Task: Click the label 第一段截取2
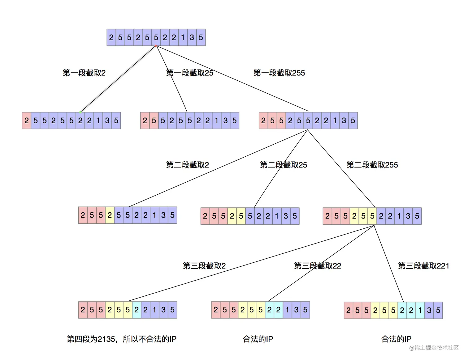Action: point(84,73)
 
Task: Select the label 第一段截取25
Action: point(190,73)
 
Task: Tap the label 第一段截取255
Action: point(279,73)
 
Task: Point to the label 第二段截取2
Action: point(187,165)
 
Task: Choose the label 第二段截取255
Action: point(372,165)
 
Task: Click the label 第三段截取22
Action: point(317,266)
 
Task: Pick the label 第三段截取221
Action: point(423,266)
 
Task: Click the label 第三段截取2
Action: point(204,266)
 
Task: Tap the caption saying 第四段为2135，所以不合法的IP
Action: point(121,339)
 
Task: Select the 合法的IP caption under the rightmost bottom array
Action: point(396,339)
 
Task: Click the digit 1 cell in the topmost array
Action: point(183,37)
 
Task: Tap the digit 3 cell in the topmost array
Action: point(192,37)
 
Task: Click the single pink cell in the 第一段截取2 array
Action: point(27,121)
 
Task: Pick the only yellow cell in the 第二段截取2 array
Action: point(110,215)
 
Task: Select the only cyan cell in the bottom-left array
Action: point(136,310)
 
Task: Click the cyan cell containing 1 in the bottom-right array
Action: point(420,310)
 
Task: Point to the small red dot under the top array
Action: point(156,46)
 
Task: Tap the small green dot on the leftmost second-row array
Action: point(80,112)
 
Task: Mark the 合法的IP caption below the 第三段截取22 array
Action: point(258,339)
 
